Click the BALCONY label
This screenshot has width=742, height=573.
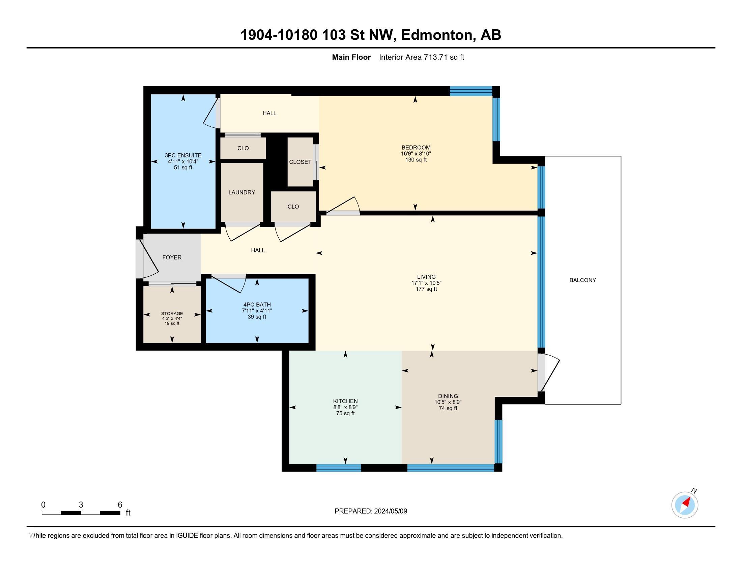pyautogui.click(x=582, y=280)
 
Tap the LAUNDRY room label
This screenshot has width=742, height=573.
pyautogui.click(x=241, y=192)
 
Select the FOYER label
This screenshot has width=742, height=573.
pyautogui.click(x=172, y=257)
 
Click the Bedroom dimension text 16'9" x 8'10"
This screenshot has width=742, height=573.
pyautogui.click(x=416, y=153)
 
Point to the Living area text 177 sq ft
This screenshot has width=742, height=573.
pyautogui.click(x=426, y=289)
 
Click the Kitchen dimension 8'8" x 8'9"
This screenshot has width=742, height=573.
pyautogui.click(x=345, y=408)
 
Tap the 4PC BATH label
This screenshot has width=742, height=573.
pyautogui.click(x=257, y=304)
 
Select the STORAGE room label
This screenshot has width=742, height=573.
pyautogui.click(x=172, y=313)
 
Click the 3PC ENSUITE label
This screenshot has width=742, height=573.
pyautogui.click(x=183, y=155)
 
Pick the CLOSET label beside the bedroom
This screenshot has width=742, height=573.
pyautogui.click(x=300, y=162)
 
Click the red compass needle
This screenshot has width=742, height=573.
pyautogui.click(x=687, y=502)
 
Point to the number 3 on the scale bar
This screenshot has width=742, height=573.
pyautogui.click(x=81, y=505)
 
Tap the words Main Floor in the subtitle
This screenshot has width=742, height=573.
pyautogui.click(x=351, y=57)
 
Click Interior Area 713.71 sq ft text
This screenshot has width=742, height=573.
pyautogui.click(x=421, y=57)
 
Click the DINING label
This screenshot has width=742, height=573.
pyautogui.click(x=448, y=396)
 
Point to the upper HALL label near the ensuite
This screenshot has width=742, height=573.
pyautogui.click(x=269, y=113)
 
